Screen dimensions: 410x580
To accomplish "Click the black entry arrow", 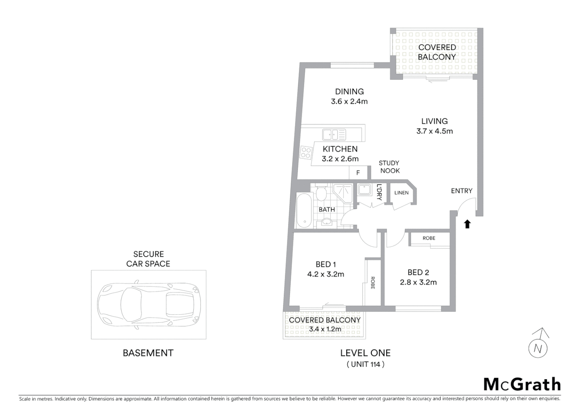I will (467, 224).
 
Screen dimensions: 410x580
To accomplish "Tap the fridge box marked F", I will (358, 173).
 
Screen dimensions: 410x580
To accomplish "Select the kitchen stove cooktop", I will (306, 153).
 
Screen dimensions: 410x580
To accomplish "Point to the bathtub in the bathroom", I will (304, 211).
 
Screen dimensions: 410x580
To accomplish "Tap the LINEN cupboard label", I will (401, 193).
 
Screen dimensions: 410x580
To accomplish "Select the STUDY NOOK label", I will (389, 167).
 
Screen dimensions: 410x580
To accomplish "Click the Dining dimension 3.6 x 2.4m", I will (349, 101).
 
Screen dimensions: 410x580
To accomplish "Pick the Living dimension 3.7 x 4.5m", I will (434, 131).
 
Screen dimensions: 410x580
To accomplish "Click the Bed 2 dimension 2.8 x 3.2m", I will (418, 282).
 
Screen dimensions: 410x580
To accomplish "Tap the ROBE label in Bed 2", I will (429, 238).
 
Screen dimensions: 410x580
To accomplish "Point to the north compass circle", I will (538, 348).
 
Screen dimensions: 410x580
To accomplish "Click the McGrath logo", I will (522, 384).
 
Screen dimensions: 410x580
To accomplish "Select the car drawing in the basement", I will (148, 304).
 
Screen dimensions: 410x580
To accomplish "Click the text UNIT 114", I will (366, 364).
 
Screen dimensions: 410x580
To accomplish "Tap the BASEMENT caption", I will (148, 353).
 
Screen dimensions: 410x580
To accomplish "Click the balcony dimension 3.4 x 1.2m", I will (325, 329).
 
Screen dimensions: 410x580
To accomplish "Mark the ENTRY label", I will (462, 191).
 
